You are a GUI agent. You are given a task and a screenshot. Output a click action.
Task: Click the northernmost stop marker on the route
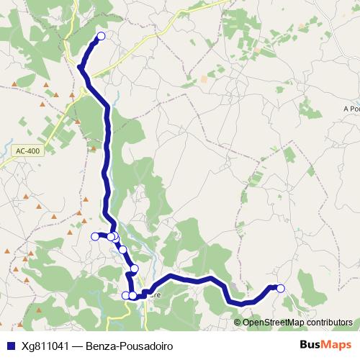pos(101,36)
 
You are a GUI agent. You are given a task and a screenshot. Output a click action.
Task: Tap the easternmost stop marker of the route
pos(281,289)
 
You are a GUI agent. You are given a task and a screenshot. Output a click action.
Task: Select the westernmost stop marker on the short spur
pos(94,236)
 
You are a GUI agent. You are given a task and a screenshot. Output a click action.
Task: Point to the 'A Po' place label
pos(351,109)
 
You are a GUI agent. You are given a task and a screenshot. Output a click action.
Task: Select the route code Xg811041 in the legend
pos(45,346)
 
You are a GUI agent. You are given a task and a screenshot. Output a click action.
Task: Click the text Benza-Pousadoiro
pos(129,346)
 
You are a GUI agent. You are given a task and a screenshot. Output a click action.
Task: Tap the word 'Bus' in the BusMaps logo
pos(310,345)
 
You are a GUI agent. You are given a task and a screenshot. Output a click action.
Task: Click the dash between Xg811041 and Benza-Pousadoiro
pos(78,346)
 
